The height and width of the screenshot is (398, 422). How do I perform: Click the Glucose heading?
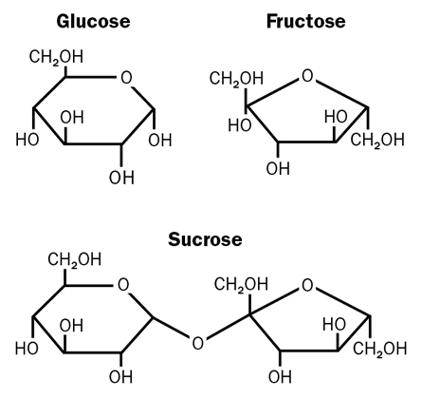coord(93,22)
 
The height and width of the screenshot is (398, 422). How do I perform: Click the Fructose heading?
coord(305,22)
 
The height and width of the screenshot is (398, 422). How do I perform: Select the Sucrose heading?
coord(205,239)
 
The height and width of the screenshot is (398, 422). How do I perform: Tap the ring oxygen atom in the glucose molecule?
coord(126,78)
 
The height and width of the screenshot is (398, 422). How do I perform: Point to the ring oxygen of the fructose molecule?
coord(307,76)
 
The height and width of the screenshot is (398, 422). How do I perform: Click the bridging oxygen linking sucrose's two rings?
coord(197,343)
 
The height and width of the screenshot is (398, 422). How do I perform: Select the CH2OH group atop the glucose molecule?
coord(56,57)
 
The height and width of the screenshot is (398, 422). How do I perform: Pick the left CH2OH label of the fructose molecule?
coord(236,79)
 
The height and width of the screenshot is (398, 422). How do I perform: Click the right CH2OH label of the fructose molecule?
coord(377,140)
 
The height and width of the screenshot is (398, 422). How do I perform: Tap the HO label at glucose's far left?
coord(28,140)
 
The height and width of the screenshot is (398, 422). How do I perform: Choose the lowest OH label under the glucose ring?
coord(121,178)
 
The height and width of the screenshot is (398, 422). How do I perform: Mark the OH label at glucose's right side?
coord(160,141)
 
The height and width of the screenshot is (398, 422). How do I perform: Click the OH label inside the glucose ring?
coord(72,118)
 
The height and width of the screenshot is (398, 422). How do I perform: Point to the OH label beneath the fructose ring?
coord(278,168)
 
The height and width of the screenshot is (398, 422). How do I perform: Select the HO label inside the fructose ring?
coord(336,117)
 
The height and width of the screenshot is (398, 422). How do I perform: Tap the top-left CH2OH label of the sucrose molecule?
coord(75,260)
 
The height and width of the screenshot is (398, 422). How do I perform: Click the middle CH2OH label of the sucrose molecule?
coord(241,284)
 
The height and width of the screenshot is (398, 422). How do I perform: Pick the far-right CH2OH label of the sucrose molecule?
coord(379,349)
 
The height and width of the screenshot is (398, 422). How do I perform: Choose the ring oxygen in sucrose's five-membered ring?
coord(307,285)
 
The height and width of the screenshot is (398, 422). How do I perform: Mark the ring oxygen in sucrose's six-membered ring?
coord(123,285)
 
